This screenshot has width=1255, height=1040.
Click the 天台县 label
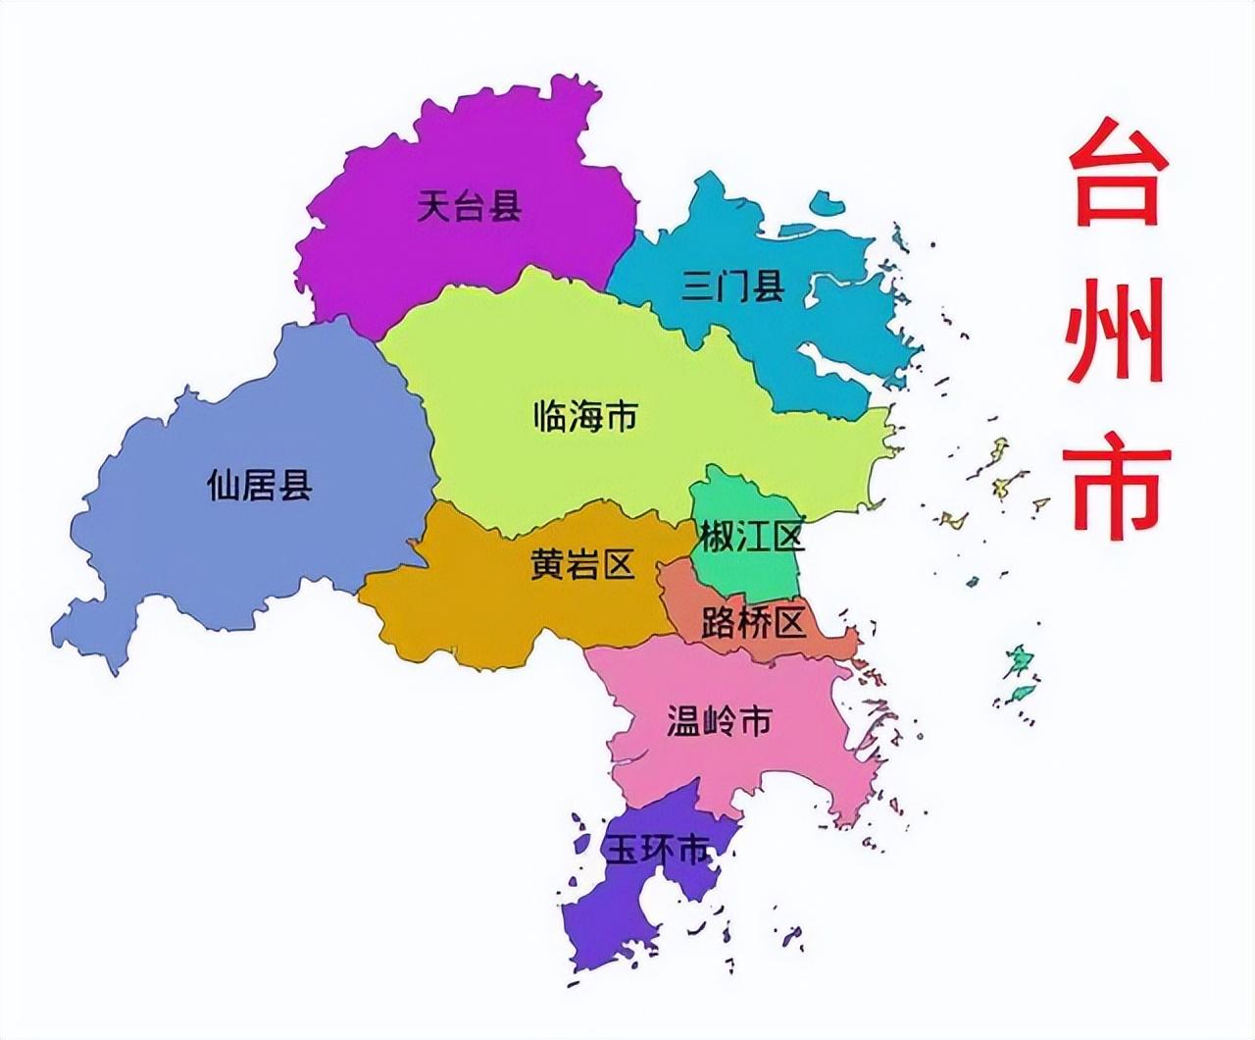pyautogui.click(x=469, y=206)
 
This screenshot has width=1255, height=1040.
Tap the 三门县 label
pyautogui.click(x=733, y=286)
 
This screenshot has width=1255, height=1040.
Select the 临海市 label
pyautogui.click(x=585, y=416)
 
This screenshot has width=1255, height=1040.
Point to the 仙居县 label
pyautogui.click(x=260, y=484)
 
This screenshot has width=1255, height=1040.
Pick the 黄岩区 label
pyautogui.click(x=582, y=564)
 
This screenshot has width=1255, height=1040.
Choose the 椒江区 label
pyautogui.click(x=752, y=537)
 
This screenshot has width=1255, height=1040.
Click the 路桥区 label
pyautogui.click(x=753, y=622)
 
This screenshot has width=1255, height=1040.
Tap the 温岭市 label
pyautogui.click(x=719, y=721)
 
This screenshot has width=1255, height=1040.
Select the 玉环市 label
pyautogui.click(x=656, y=850)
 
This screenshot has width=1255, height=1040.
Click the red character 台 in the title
pyautogui.click(x=1118, y=173)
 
